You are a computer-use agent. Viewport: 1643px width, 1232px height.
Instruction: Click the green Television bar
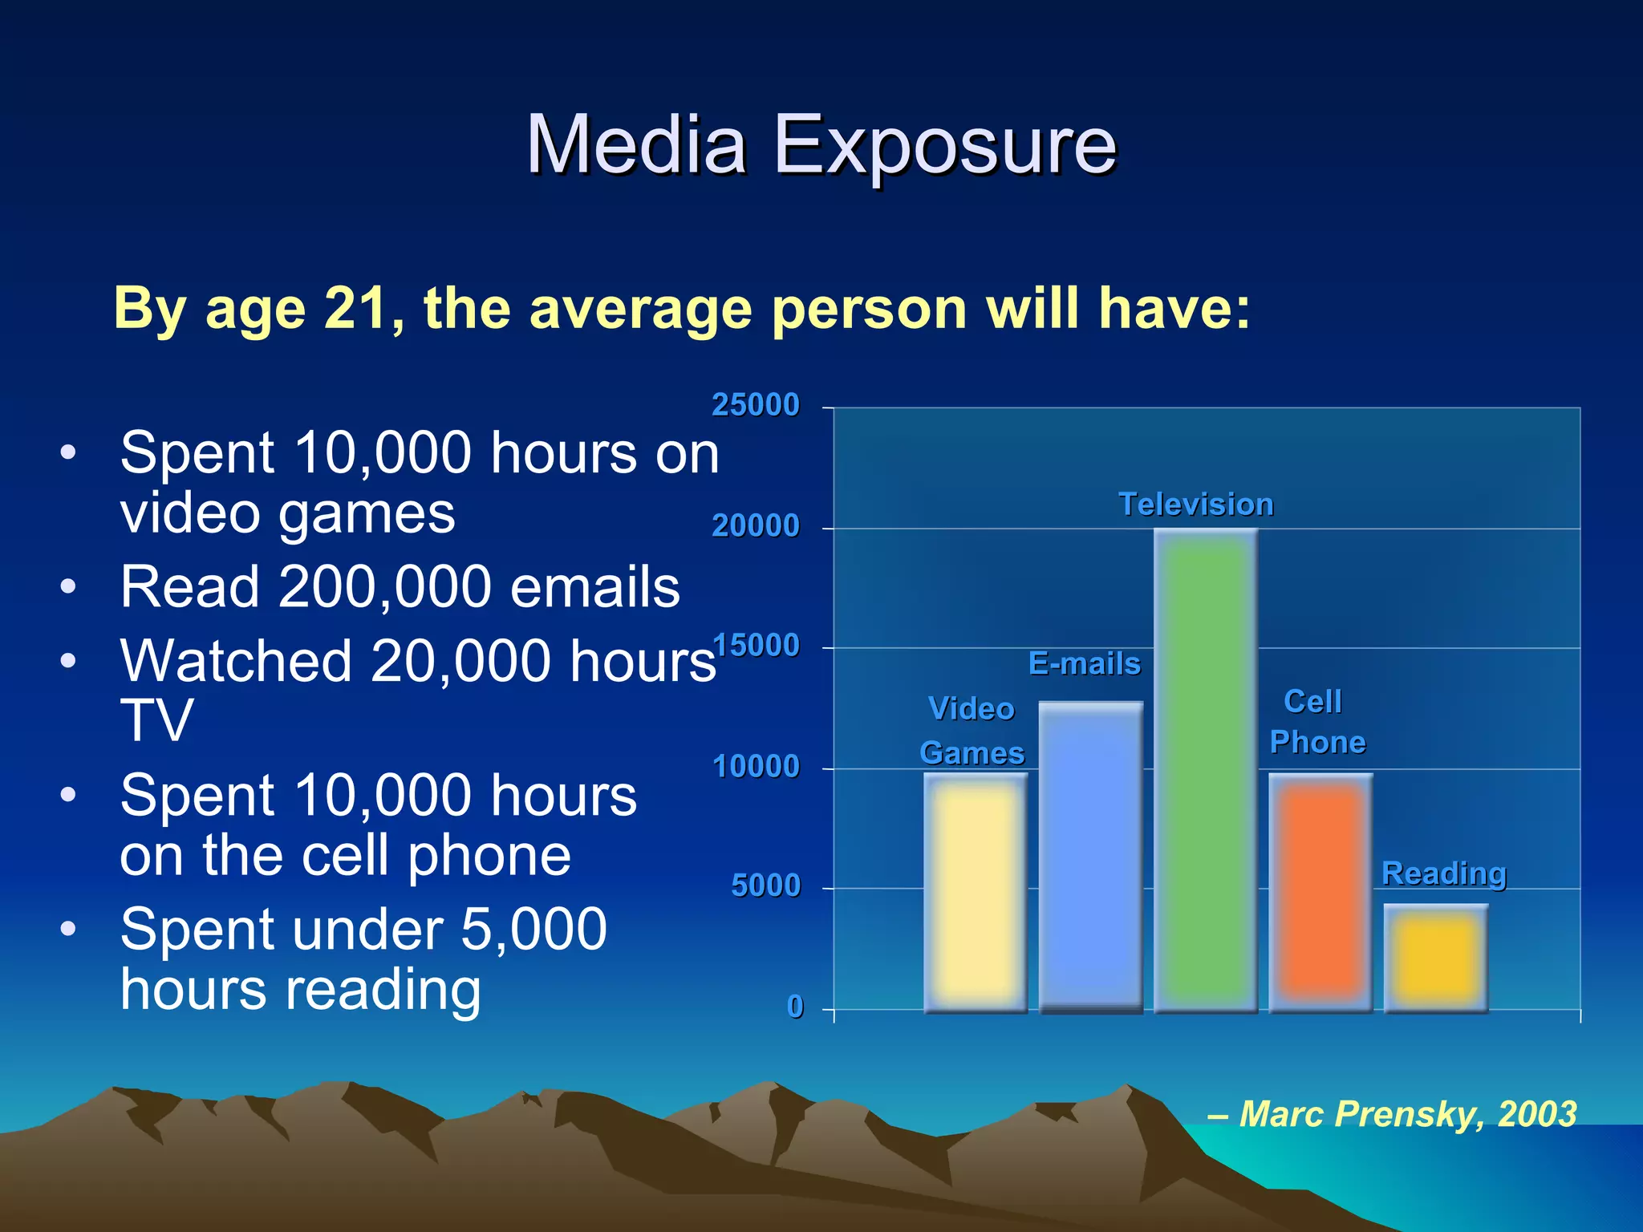click(1205, 770)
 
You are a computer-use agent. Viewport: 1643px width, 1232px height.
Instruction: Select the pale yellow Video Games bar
click(975, 892)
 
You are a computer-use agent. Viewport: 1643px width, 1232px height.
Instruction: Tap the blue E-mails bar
click(1090, 856)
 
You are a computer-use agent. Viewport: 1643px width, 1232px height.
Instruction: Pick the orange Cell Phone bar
click(1320, 892)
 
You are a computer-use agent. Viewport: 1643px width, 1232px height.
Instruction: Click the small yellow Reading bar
click(1435, 958)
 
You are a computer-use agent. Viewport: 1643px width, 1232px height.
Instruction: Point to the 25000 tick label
click(756, 405)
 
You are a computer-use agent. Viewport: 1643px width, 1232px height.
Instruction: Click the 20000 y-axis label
click(756, 526)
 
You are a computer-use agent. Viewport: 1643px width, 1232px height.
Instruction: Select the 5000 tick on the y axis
click(765, 886)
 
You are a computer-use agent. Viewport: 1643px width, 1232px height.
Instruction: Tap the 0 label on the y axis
click(795, 1007)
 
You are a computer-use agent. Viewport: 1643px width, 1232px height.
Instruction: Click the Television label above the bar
click(1195, 505)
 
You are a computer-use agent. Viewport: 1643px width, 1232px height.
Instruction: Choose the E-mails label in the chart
click(1085, 664)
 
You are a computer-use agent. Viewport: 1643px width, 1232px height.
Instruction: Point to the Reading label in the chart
click(1443, 873)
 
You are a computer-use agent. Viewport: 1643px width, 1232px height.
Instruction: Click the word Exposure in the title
click(944, 145)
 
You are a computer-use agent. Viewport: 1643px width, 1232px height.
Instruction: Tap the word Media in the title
click(636, 144)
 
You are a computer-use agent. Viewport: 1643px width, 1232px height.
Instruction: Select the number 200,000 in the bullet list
click(384, 586)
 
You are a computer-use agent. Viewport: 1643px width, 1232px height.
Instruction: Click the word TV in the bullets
click(156, 720)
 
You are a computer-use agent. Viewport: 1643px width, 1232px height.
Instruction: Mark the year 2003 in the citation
click(1536, 1114)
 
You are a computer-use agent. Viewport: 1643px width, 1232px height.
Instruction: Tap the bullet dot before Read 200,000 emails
click(68, 586)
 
